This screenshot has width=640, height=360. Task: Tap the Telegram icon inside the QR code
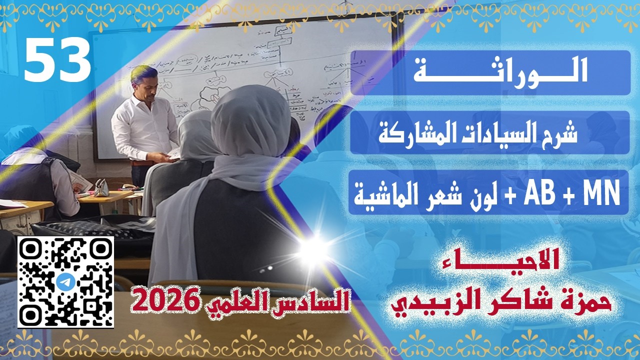click(65, 281)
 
